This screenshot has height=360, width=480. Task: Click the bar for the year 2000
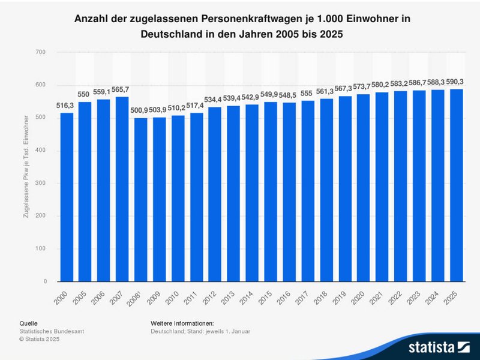click(x=67, y=197)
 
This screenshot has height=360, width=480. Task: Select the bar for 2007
click(x=122, y=189)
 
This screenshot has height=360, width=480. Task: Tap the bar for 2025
click(x=457, y=185)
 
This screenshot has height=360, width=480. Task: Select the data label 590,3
click(x=457, y=82)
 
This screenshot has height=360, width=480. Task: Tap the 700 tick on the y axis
click(x=41, y=53)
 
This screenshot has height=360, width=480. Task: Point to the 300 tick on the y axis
click(x=41, y=184)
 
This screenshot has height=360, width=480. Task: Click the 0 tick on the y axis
click(x=44, y=281)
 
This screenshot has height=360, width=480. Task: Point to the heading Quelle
click(x=28, y=323)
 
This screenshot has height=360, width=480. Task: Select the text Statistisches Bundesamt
click(x=52, y=331)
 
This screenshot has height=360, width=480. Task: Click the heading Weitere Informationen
click(x=182, y=323)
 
